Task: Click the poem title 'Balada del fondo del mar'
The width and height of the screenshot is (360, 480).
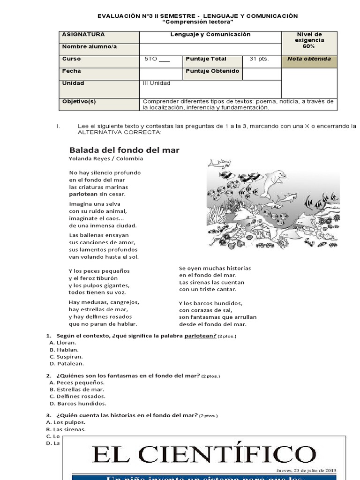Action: point(124,150)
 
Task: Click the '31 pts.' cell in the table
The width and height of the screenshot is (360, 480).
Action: point(259,59)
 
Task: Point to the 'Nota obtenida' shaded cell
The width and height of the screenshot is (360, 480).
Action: point(309,59)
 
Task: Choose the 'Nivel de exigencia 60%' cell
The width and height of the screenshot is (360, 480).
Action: point(309,40)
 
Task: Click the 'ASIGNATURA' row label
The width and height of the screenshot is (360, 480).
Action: point(83,35)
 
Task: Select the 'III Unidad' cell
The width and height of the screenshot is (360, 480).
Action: point(157,83)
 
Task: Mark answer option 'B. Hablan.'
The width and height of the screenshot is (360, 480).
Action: point(64,350)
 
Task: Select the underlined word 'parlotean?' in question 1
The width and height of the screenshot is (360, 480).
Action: point(201,336)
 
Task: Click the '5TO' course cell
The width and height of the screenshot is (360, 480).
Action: point(157,59)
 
